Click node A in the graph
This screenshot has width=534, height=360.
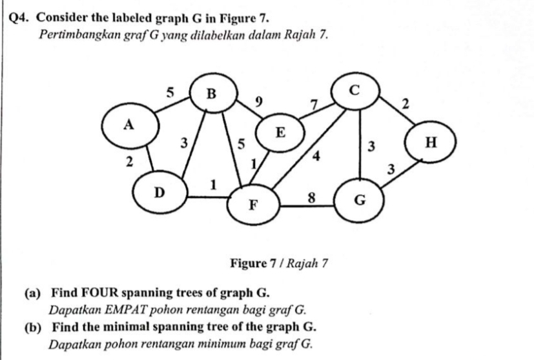(129, 125)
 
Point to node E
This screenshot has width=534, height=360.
(280, 134)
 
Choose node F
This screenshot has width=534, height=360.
(253, 205)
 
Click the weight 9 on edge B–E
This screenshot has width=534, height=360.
(259, 101)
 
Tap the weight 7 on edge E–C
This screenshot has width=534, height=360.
(314, 105)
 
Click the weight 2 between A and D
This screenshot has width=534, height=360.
(130, 163)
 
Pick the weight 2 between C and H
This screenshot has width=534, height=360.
(405, 104)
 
